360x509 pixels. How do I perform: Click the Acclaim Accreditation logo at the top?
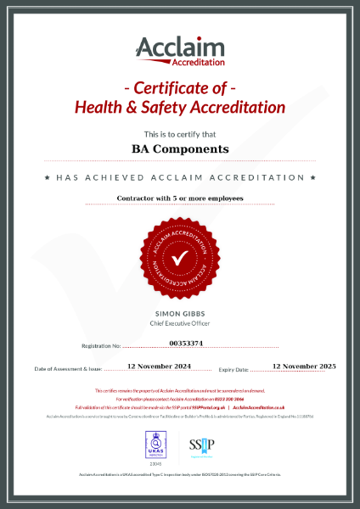coord(180,51)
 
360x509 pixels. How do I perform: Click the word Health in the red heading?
coord(101,108)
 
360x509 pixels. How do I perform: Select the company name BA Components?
coord(180,148)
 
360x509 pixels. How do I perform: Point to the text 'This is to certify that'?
coord(180,134)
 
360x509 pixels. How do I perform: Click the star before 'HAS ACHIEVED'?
coord(46,178)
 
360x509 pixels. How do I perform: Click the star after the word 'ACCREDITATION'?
coord(313,178)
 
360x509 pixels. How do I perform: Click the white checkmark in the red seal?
coord(180,256)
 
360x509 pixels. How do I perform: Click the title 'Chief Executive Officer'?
coord(180,322)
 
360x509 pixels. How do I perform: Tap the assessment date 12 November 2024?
coord(159,366)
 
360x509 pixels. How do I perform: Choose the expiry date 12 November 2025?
coord(304,366)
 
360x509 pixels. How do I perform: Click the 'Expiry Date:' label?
coord(233,370)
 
